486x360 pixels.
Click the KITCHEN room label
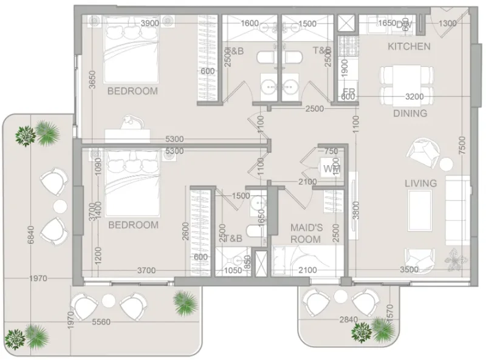click(409, 47)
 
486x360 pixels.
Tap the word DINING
click(410, 113)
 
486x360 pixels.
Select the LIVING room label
click(421, 183)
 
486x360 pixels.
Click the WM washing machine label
click(330, 168)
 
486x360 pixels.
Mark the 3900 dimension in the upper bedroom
click(149, 23)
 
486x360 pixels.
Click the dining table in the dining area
click(407, 84)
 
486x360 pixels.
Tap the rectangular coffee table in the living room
click(421, 207)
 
